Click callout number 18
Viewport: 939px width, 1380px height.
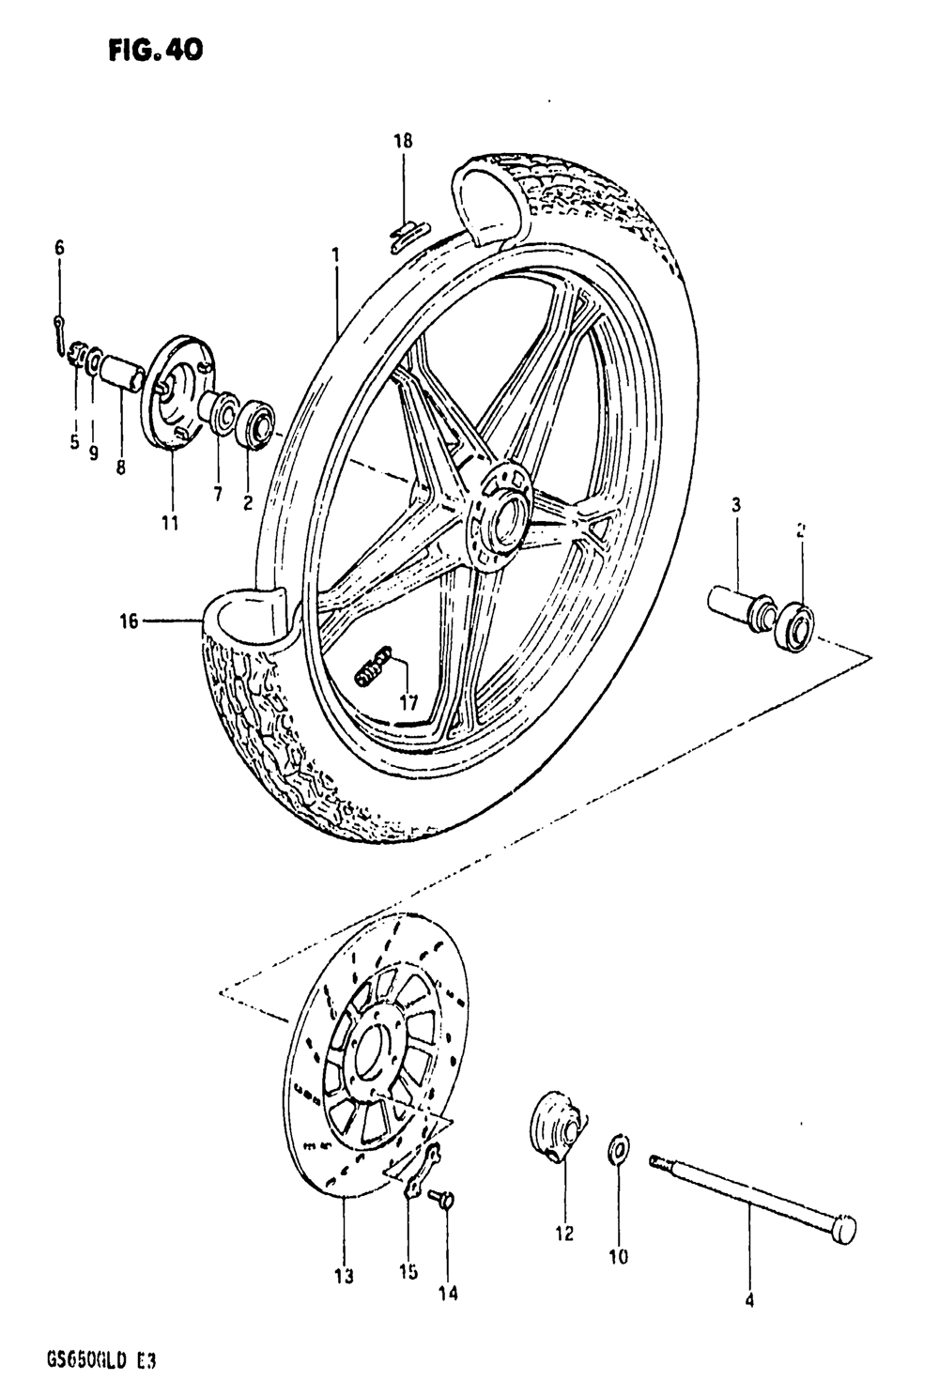tap(403, 142)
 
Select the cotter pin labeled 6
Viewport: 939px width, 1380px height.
tap(59, 329)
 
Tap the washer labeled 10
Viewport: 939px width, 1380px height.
tap(619, 1147)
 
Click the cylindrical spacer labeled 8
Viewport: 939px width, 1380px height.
tap(121, 371)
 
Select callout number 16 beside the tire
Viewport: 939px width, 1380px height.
tap(129, 621)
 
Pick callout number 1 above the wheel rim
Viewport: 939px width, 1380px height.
tap(335, 253)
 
